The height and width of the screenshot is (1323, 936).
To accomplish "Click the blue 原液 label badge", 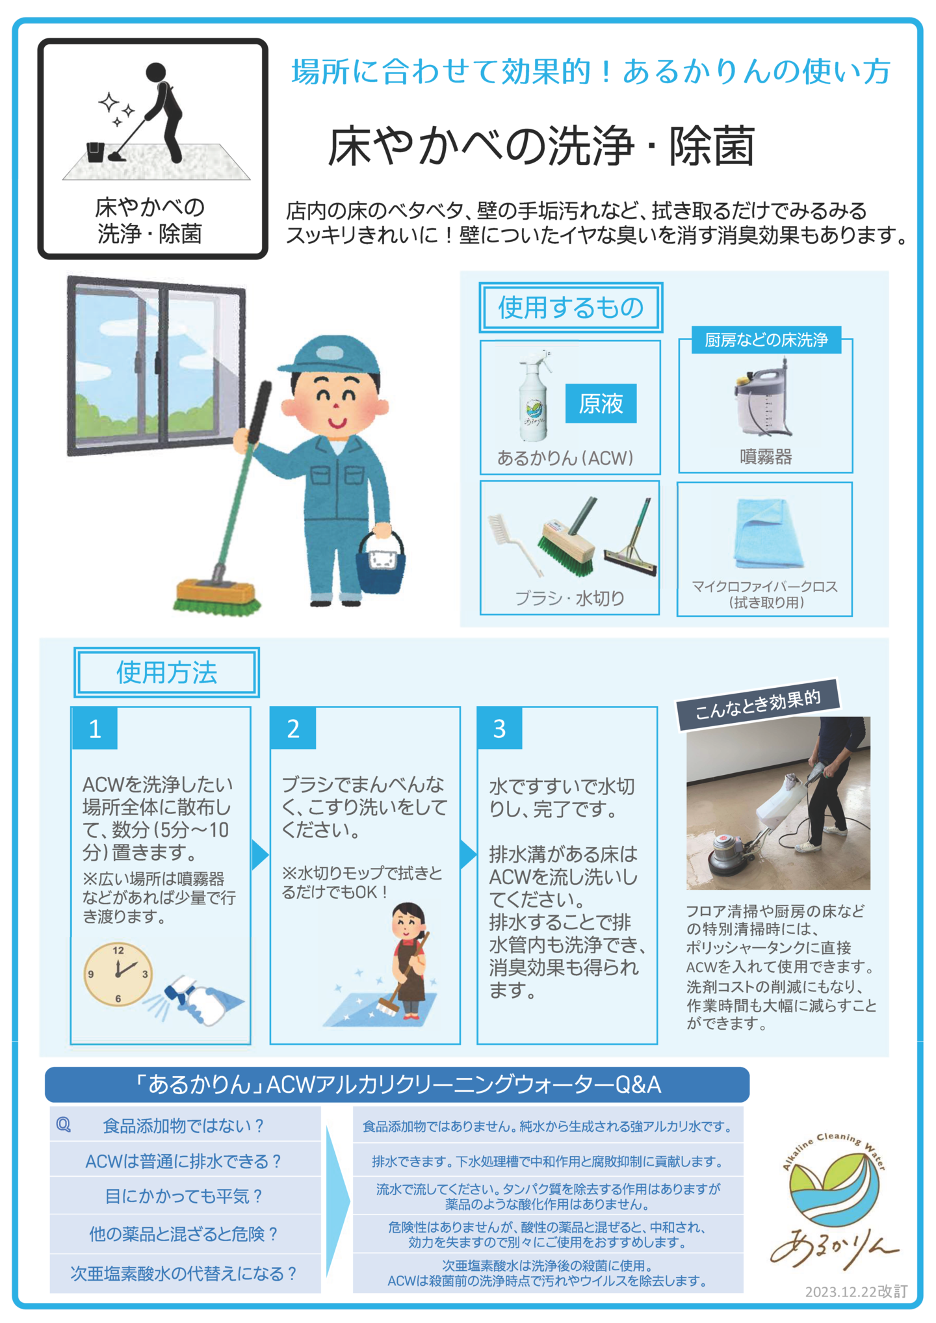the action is (601, 404).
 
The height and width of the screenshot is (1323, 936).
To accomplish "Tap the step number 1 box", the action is (95, 728).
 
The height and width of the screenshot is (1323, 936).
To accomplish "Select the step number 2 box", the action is (293, 728).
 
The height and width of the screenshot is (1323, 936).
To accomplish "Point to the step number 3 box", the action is (499, 728).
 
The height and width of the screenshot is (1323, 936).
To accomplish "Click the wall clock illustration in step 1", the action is (118, 974).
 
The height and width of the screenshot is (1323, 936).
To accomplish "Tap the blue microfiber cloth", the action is (767, 533).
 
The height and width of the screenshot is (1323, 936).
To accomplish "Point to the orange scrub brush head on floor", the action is (216, 596).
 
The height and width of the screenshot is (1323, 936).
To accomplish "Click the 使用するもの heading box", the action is (571, 308).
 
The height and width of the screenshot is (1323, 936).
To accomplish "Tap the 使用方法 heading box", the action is (166, 672).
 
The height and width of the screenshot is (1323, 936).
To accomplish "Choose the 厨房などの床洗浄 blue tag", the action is (766, 340).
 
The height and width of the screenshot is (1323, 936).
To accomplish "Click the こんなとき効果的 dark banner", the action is (759, 705).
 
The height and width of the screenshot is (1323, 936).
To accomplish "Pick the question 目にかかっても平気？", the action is (184, 1196).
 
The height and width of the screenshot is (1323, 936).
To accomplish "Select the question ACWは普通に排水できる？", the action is (184, 1161).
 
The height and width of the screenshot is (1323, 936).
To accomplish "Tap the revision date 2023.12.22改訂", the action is (856, 1292).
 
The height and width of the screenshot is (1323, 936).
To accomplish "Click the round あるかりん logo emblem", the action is (834, 1189).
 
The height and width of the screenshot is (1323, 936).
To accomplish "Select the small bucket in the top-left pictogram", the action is (95, 151).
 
